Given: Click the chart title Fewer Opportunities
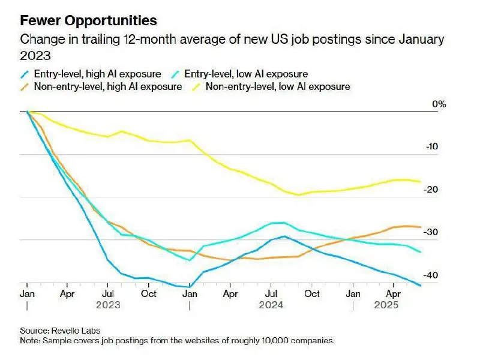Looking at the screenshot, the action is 88,21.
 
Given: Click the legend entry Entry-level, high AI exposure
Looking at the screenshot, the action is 91,74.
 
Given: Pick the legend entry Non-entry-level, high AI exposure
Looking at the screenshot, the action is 101,86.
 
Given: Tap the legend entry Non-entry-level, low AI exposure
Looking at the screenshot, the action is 271,86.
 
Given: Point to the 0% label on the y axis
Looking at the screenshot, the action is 439,104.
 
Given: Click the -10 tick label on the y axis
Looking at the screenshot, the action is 432,146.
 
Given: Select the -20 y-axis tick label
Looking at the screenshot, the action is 431,190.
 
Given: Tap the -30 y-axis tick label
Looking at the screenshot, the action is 431,232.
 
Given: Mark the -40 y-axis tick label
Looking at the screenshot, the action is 431,275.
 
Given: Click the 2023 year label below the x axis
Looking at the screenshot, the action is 108,305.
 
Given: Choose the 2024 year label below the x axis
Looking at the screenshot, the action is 271,305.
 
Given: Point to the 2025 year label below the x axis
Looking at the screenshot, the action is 386,305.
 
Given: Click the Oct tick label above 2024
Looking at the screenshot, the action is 312,294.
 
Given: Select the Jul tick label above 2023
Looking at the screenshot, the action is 108,294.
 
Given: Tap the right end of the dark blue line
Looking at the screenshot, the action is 421,286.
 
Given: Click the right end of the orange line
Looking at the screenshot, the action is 421,227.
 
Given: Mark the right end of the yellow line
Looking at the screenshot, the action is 421,182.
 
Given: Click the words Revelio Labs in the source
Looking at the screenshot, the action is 76,331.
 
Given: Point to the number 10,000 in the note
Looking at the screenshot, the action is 275,340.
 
